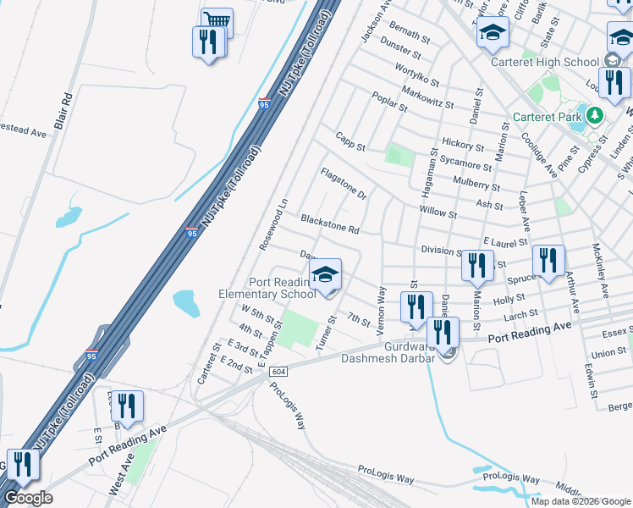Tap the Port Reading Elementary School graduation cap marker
click(x=325, y=275)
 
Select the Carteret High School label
click(x=544, y=62)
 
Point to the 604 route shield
click(x=278, y=372)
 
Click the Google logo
click(x=28, y=498)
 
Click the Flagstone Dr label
click(x=344, y=184)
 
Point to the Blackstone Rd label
click(x=330, y=225)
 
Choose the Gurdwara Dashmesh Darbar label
click(x=387, y=352)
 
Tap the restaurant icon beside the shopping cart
click(x=207, y=42)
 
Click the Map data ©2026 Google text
click(x=580, y=501)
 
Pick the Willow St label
click(x=438, y=212)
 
